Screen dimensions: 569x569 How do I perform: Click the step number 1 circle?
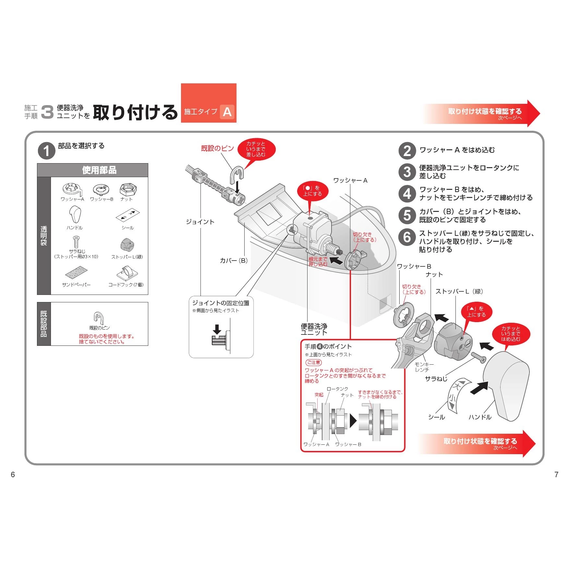pos(46,151)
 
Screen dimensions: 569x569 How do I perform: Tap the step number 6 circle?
pos(407,237)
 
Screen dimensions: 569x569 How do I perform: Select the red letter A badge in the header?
pos(227,112)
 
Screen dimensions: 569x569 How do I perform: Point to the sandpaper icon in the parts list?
pos(76,273)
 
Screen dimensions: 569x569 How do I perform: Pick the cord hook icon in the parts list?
pos(127,273)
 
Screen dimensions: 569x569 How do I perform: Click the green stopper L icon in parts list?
pos(127,245)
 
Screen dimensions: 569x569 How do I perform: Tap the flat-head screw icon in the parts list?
pos(76,242)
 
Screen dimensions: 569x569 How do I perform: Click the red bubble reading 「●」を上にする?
pos(312,191)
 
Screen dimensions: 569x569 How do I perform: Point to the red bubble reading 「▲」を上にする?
pos(476,312)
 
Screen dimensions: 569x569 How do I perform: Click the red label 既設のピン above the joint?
pos(217,148)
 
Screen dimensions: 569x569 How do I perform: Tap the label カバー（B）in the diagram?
pos(234,260)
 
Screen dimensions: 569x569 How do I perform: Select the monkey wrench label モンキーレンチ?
pos(424,367)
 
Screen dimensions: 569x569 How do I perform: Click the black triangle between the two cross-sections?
pos(353,421)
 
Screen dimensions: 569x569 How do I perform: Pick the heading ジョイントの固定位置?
pos(221,303)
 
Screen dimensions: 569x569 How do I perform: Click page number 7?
pos(556,475)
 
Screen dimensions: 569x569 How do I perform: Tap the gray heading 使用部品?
pos(99,170)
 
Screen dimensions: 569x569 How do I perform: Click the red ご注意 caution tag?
pos(313,362)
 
